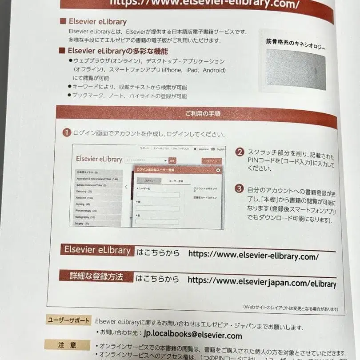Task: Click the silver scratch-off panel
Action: point(295,68)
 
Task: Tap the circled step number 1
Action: point(66,132)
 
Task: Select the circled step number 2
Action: point(240,152)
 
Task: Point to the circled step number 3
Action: point(240,188)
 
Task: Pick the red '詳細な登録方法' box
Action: point(96,276)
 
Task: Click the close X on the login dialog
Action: point(218,170)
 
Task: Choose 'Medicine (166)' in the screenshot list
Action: point(85,197)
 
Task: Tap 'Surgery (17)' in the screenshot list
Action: point(83,223)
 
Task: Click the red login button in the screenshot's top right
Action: point(211,161)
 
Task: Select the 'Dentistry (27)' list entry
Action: point(84,191)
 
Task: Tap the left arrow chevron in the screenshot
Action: point(126,187)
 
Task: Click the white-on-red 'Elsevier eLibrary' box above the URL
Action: point(97,250)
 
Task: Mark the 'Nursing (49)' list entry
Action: point(83,204)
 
